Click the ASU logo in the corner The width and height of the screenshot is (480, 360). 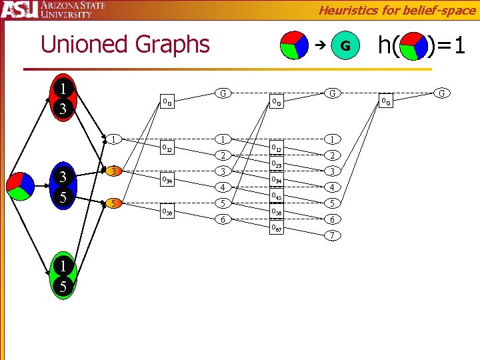click(x=19, y=11)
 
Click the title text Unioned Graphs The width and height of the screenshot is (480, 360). click(x=125, y=45)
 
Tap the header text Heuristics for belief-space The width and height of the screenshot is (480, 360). click(x=397, y=9)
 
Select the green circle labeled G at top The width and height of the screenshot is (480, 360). click(x=345, y=45)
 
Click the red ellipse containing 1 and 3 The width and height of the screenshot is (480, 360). click(x=62, y=99)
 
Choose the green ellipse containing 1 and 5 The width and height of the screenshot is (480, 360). click(x=62, y=276)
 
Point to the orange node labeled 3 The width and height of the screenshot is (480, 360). click(x=114, y=171)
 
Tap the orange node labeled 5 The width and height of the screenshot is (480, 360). click(x=114, y=203)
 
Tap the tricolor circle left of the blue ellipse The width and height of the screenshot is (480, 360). click(x=21, y=186)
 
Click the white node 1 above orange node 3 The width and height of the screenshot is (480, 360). click(x=114, y=139)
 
